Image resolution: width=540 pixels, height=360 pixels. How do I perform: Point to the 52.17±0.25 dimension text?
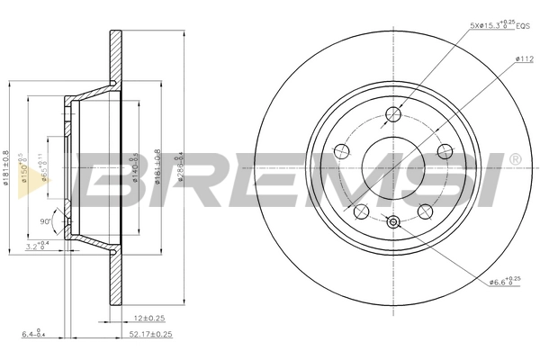[148, 335]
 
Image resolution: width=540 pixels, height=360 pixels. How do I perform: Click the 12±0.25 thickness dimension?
[149, 318]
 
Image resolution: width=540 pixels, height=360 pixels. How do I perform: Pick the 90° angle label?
[44, 220]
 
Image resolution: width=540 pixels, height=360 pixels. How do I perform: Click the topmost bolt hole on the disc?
[392, 114]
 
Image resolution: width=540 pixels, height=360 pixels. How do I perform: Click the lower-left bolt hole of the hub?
[361, 211]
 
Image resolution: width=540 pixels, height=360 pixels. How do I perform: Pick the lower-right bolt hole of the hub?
[424, 211]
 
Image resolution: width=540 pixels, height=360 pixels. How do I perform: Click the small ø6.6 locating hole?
[392, 222]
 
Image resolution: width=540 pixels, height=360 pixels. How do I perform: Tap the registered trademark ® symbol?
[515, 159]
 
